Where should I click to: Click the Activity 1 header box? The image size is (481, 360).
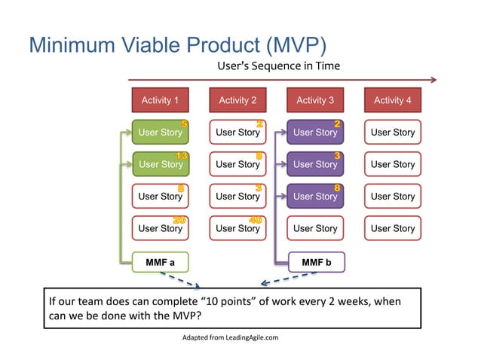click(x=160, y=100)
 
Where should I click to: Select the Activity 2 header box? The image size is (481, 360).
click(x=237, y=100)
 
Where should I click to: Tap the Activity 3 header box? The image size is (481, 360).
click(x=315, y=100)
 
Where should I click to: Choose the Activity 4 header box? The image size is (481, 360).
click(x=393, y=100)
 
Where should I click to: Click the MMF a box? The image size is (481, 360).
click(x=160, y=262)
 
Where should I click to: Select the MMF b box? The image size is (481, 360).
click(x=317, y=262)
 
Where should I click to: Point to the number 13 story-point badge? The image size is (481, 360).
click(x=182, y=156)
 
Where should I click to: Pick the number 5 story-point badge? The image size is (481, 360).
click(x=184, y=124)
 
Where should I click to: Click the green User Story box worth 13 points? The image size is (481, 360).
click(x=160, y=164)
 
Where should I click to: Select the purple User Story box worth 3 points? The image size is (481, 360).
click(x=315, y=164)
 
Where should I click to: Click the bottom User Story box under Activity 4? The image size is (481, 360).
click(x=393, y=228)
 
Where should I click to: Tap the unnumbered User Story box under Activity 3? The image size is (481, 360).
click(x=315, y=228)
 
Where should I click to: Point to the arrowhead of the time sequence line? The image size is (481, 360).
click(x=433, y=79)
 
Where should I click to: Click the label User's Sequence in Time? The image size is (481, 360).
click(x=278, y=66)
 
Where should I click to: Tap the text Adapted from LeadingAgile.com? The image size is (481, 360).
click(x=230, y=337)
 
